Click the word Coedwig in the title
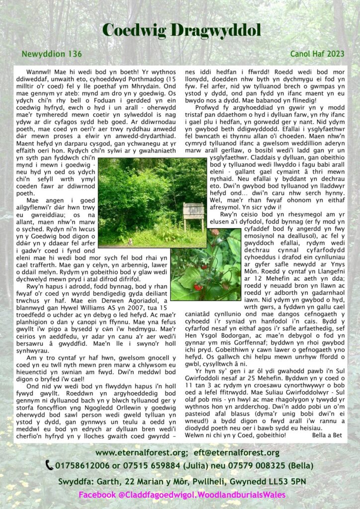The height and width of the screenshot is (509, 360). [x=135, y=30]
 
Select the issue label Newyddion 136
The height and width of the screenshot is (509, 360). [x=52, y=53]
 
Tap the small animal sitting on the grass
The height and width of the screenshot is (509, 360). [x=130, y=242]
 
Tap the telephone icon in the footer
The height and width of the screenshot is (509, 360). [x=49, y=466]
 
